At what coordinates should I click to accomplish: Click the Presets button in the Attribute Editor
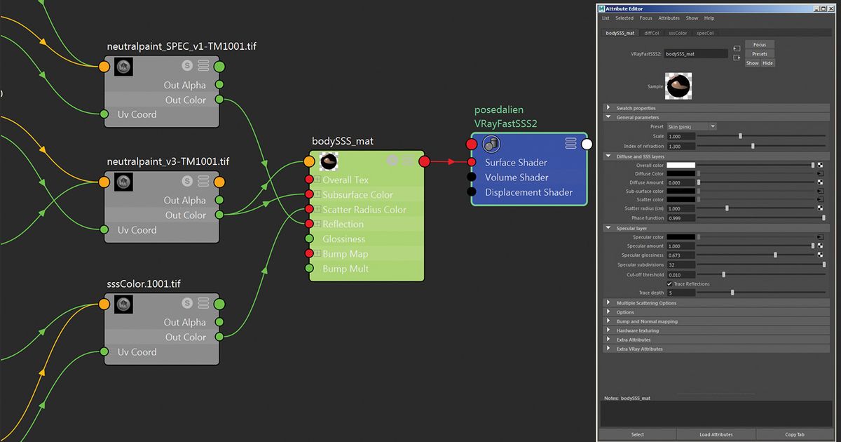click(x=760, y=54)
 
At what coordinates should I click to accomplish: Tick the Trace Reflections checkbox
click(x=669, y=284)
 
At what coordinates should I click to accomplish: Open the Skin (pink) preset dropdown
click(x=692, y=126)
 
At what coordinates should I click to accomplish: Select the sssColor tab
click(x=677, y=33)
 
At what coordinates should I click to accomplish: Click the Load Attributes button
click(x=716, y=434)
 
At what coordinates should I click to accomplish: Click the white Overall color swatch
click(x=681, y=165)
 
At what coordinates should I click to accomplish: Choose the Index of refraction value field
click(x=681, y=146)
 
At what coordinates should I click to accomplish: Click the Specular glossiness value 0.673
click(x=681, y=255)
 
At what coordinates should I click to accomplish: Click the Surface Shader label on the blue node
click(x=515, y=163)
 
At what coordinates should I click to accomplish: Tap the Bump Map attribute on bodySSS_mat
click(x=345, y=254)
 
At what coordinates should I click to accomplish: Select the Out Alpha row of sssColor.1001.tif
click(x=184, y=322)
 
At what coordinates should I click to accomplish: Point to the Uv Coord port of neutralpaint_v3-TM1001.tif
click(x=104, y=229)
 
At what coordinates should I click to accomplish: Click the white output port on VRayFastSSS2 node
click(x=587, y=144)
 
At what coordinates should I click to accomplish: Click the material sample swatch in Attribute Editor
click(x=678, y=86)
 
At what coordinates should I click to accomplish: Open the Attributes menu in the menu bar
click(x=669, y=18)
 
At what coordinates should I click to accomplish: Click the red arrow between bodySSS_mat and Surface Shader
click(x=448, y=162)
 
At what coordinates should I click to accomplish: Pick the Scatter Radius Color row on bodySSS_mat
click(x=364, y=210)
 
